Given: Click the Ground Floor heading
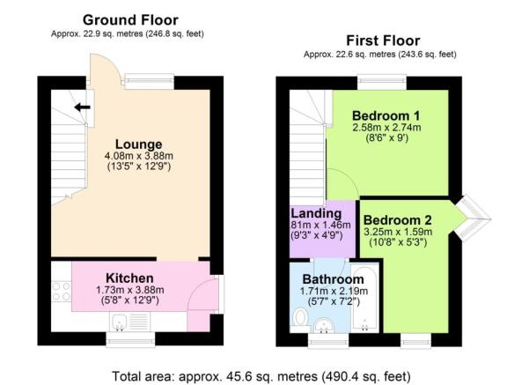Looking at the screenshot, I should (x=129, y=19).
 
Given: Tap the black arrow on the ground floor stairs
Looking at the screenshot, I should (x=81, y=108).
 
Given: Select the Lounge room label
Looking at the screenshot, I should (x=136, y=144).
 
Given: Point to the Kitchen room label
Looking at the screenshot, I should (x=130, y=278).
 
